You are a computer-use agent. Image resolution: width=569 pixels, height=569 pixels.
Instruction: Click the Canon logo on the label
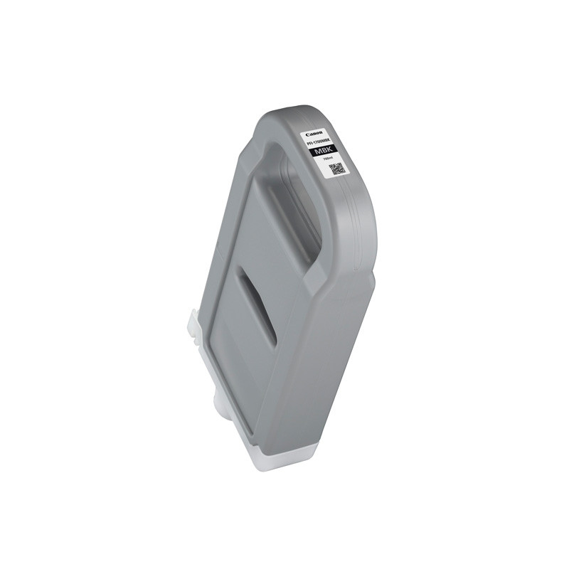point(314,133)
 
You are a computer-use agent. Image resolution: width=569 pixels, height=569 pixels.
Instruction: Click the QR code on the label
point(338,169)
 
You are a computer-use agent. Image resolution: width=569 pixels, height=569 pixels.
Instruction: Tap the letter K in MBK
point(334,151)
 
